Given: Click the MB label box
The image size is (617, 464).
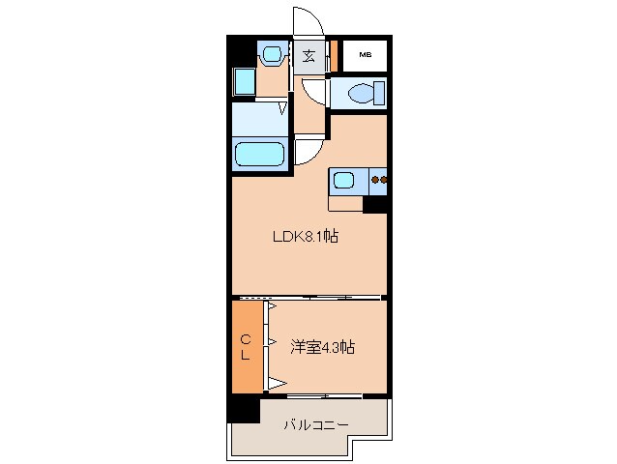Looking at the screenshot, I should pos(365,55).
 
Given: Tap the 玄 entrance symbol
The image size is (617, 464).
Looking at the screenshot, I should pos(308,55).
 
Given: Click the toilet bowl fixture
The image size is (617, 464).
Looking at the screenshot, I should pos(363,94).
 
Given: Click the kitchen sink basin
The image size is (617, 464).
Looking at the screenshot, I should pos(345,179).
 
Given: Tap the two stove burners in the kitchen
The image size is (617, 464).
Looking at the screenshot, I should pos(380,180).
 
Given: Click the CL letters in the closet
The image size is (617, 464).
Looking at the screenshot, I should pos(246,346).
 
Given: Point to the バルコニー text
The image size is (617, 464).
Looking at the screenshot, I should pos(315,424).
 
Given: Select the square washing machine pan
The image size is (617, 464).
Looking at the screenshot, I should pos(243,82).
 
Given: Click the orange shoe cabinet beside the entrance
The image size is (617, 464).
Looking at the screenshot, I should pos(332,55).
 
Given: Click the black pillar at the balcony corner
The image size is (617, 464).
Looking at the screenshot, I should pos(245,410).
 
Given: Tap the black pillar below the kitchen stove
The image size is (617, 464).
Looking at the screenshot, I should pos(375,203).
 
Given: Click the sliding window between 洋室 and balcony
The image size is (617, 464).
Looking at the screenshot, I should pos(324,396).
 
